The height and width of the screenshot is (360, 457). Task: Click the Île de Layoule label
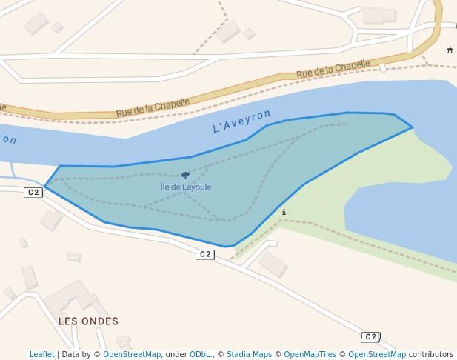186,187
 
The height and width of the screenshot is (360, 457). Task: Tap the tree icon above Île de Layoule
185,176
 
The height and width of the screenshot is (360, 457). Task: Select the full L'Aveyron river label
242,121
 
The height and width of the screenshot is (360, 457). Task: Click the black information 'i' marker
284,212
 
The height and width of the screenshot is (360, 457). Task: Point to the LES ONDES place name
88,321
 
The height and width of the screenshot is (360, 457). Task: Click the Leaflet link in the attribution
41,355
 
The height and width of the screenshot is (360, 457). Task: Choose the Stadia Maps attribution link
249,355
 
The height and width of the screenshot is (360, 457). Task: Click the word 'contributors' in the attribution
431,355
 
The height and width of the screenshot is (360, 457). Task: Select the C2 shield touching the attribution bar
370,337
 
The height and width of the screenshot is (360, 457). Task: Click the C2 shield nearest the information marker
205,255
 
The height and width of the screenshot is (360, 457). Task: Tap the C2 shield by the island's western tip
33,193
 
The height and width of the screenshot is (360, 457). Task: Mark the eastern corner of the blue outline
412,127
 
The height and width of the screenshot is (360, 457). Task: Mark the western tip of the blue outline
45,187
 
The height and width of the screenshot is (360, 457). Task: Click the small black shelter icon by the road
450,50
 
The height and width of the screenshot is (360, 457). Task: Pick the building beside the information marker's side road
273,264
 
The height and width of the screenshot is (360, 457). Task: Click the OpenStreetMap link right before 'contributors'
377,355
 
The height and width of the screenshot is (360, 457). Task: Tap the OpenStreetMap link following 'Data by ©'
132,355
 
